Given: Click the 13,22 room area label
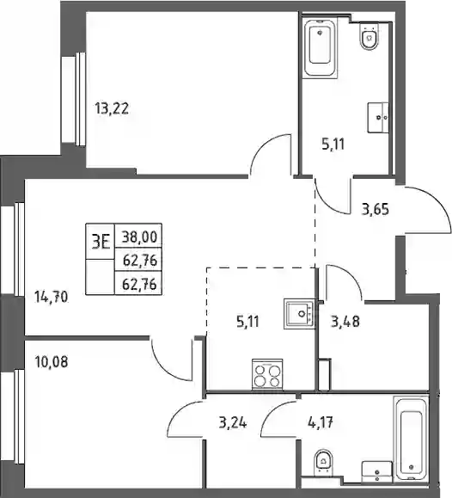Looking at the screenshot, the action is [112, 109].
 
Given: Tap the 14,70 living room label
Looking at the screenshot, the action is [51, 298].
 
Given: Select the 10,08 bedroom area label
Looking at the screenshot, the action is [51, 362].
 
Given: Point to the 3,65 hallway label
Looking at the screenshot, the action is [376, 210].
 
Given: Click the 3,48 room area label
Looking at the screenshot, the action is [345, 322].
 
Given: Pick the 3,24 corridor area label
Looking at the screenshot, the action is [233, 422].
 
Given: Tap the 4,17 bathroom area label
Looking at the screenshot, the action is [321, 422].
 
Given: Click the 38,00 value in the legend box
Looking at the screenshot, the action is [140, 237].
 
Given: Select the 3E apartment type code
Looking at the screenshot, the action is [101, 242].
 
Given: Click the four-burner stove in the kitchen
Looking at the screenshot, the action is [267, 374].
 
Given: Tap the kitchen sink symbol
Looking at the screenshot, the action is [299, 314].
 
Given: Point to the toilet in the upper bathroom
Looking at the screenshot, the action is [370, 35].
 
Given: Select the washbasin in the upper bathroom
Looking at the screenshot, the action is [378, 117].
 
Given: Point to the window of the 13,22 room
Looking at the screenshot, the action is [76, 99].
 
